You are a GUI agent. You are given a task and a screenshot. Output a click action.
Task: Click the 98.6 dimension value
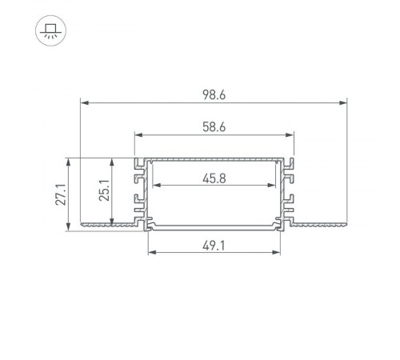(x=214, y=94)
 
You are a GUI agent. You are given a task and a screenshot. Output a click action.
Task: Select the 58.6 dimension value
(x=214, y=127)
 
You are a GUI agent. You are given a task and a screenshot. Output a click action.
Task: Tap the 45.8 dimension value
(x=214, y=178)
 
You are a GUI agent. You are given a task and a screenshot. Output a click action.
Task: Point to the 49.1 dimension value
(x=214, y=246)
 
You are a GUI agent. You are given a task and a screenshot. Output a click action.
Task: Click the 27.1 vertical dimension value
(x=61, y=194)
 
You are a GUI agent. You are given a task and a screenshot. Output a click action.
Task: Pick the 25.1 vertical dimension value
(x=104, y=190)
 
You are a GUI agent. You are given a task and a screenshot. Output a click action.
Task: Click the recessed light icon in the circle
(x=50, y=31)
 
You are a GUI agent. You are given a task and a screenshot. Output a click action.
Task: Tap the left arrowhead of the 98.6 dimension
(x=85, y=102)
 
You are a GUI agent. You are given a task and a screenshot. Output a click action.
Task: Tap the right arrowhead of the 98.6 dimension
(x=343, y=102)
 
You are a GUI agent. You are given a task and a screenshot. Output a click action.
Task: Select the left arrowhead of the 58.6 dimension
(x=138, y=135)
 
